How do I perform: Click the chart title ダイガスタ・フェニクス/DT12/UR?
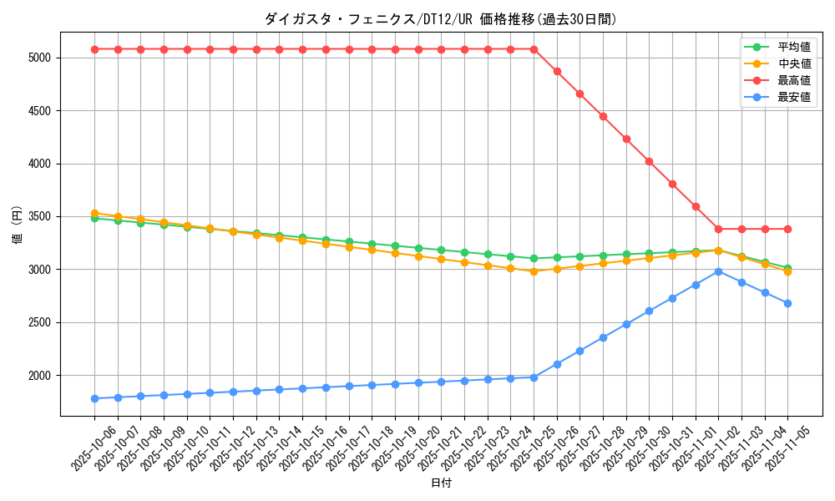tap(441, 19)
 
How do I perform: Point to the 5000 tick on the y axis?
tap(39, 58)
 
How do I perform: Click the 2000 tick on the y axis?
tap(39, 376)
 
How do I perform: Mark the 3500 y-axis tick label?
tap(39, 217)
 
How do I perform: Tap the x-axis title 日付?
tap(441, 483)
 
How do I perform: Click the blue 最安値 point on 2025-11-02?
tap(718, 271)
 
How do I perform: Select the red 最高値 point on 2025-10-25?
tap(534, 49)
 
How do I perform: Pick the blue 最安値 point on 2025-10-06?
tap(94, 398)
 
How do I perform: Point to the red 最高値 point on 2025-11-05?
tap(787, 229)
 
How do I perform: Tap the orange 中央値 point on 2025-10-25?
tap(534, 271)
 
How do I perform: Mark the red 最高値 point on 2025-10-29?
tap(626, 139)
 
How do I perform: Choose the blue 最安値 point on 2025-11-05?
tap(787, 303)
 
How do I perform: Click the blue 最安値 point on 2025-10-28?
tap(603, 337)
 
